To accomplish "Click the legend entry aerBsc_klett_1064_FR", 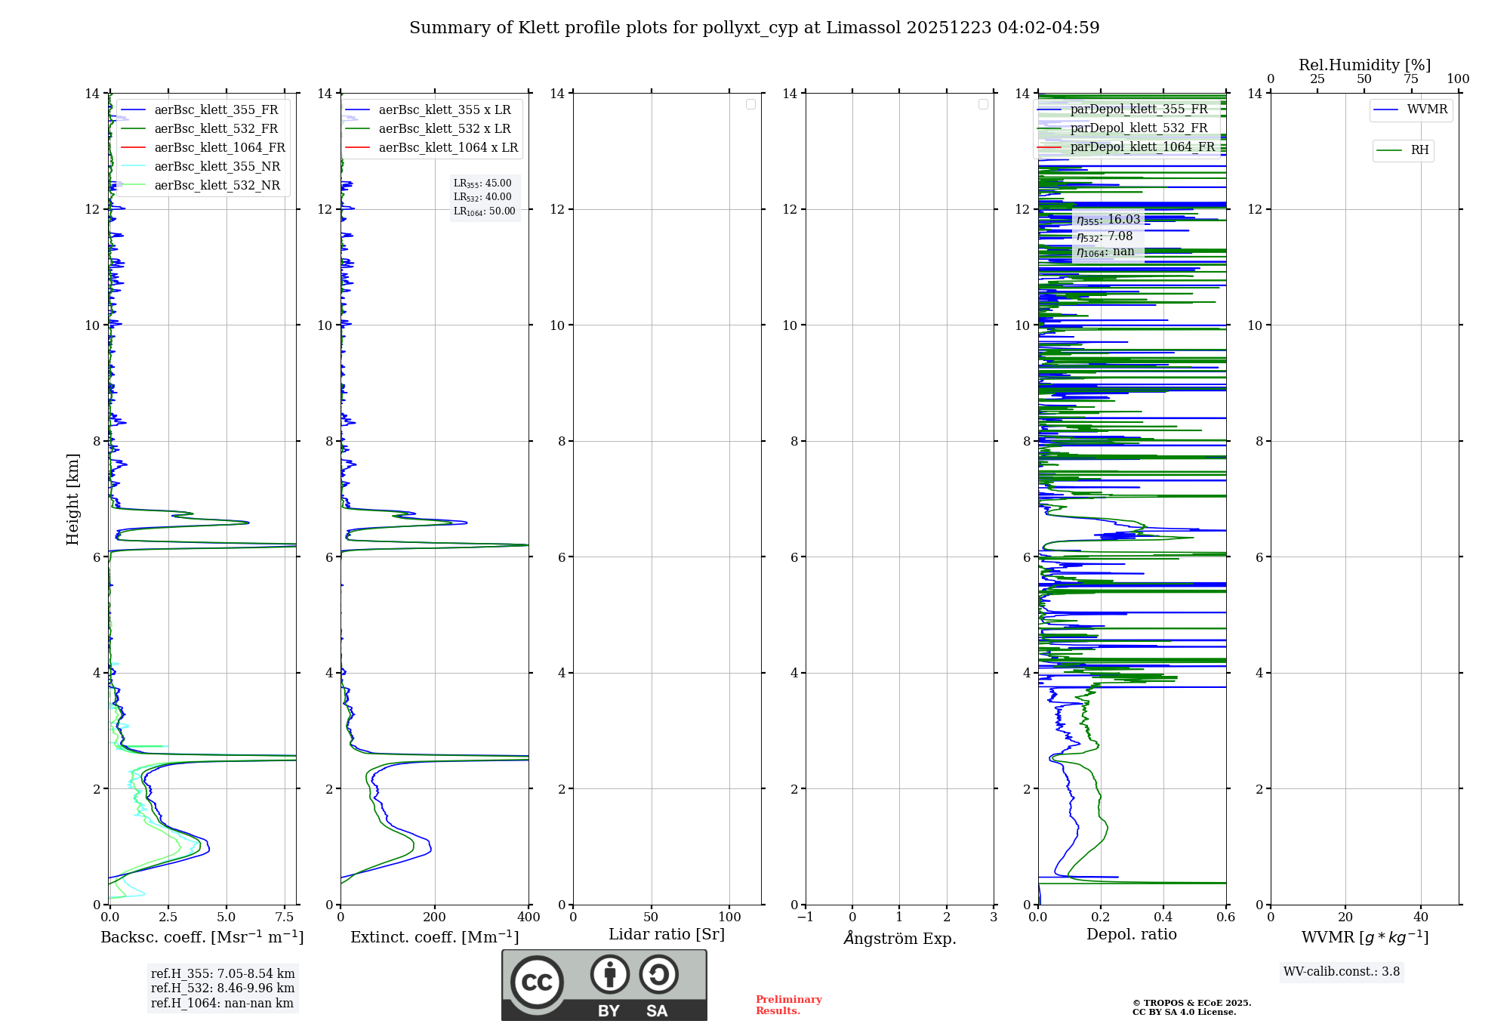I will coord(219,148).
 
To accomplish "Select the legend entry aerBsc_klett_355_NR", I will coord(217,167).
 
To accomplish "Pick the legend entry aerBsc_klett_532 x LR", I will coord(444,129).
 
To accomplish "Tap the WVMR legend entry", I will coord(1426,109).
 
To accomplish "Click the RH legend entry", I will coord(1419,150).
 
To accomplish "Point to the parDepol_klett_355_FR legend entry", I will coord(1138,109).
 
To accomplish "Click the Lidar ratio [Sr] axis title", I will coord(666,935).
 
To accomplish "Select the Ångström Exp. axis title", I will coord(899,938).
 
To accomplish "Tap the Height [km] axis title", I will coord(72,498).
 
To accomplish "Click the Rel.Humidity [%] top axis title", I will coord(1364,65).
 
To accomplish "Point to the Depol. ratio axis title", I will coord(1131,935).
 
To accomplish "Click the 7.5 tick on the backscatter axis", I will coord(285,918).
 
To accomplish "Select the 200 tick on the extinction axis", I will coord(434,918).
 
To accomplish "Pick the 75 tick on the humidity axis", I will coord(1410,79).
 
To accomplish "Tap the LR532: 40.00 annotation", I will coord(482,197).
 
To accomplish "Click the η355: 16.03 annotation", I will coord(1108,220).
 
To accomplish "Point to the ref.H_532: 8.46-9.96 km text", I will coord(223,988).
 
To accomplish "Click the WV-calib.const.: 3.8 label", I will coord(1341,972).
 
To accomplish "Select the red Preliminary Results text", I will coord(788,1005).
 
